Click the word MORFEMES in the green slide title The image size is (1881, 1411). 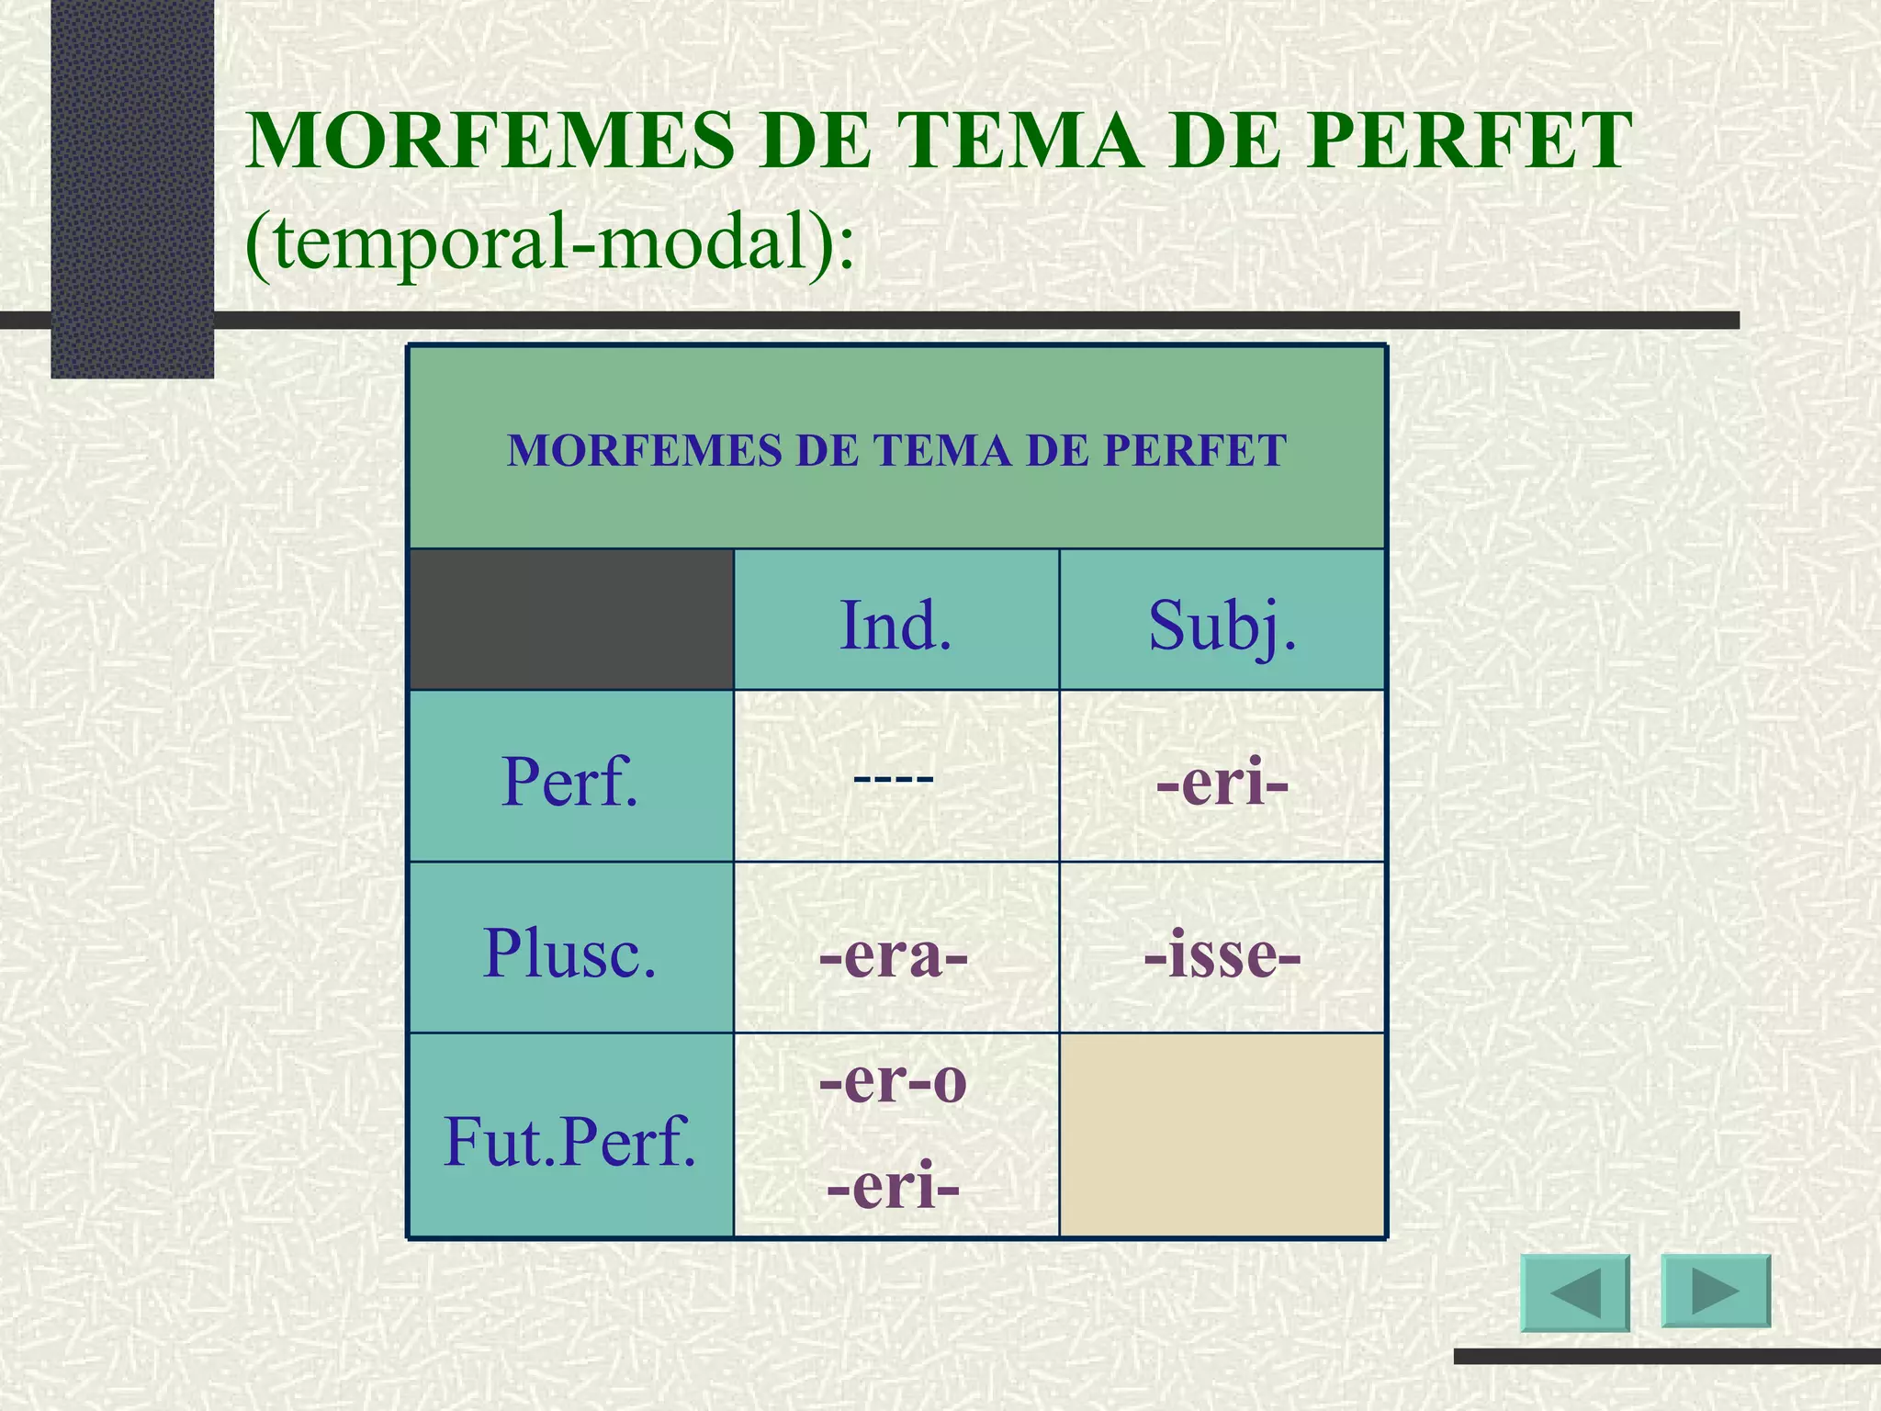[x=490, y=141]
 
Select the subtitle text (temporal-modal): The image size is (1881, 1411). [x=550, y=243]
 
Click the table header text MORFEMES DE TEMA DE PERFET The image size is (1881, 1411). [x=896, y=450]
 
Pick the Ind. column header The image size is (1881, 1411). [x=895, y=626]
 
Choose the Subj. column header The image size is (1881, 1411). [x=1222, y=626]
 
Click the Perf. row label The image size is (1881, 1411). [x=569, y=782]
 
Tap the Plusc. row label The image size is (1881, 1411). [x=569, y=953]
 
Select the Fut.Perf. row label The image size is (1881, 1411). [x=569, y=1142]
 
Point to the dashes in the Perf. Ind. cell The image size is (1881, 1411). [x=894, y=779]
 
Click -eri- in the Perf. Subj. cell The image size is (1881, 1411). [x=1222, y=784]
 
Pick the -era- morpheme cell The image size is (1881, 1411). [x=894, y=955]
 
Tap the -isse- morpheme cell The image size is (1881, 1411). [x=1222, y=955]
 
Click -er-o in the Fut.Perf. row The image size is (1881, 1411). [x=894, y=1081]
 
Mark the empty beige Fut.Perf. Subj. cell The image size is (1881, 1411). [x=1222, y=1135]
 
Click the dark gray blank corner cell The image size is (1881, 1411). [x=570, y=619]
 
